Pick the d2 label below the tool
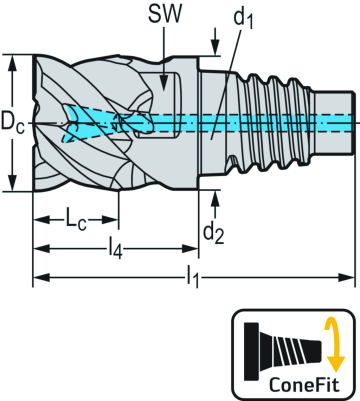click(213, 231)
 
